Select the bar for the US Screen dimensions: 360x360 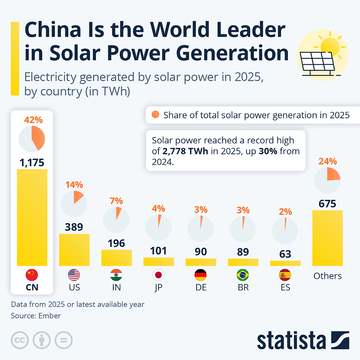(x=74, y=249)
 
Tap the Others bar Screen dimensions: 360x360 (x=327, y=238)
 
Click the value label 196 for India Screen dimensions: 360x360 (x=116, y=243)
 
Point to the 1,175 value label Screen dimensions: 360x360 (x=32, y=162)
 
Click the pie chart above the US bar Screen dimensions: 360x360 (x=74, y=203)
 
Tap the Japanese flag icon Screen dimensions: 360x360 (x=159, y=275)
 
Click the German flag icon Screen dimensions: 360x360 (x=201, y=275)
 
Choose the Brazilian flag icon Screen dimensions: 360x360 (x=243, y=275)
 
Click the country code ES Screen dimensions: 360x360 (x=285, y=288)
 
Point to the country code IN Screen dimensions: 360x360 (x=116, y=288)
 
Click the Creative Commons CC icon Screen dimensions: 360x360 (x=21, y=341)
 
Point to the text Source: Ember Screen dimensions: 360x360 (x=36, y=316)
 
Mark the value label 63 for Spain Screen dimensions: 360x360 (x=285, y=254)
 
